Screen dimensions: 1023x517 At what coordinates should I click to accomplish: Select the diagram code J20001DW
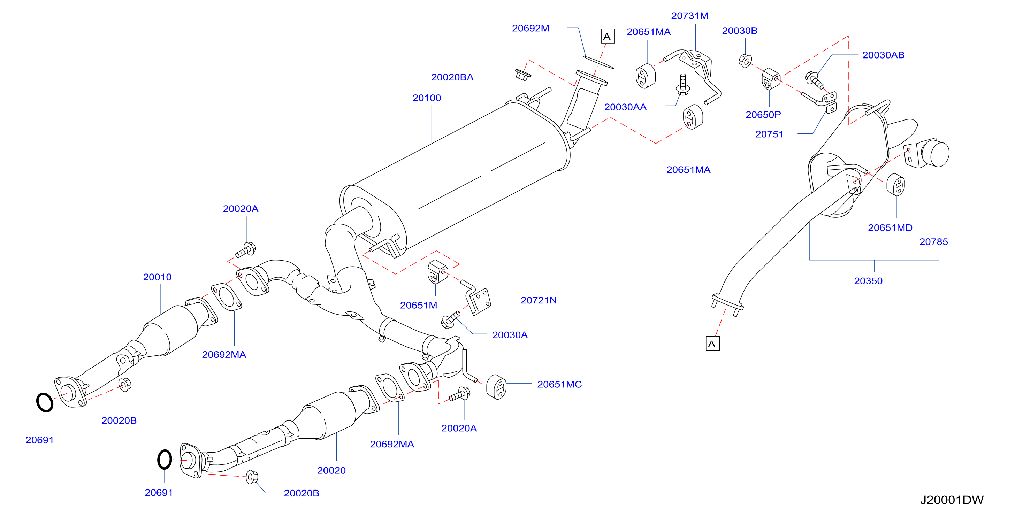point(952,500)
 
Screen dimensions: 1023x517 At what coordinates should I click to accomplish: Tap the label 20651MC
point(559,384)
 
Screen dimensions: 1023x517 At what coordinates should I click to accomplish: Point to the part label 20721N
point(539,300)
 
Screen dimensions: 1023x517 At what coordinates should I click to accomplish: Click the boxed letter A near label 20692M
point(608,36)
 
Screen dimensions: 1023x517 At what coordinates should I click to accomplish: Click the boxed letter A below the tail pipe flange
point(712,344)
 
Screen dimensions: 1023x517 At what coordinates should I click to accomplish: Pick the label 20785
point(933,241)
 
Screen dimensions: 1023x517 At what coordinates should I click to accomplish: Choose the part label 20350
point(868,281)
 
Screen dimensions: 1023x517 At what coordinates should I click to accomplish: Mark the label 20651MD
point(890,227)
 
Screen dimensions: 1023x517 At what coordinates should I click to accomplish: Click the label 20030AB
point(883,55)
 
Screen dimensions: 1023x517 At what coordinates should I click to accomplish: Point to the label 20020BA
point(452,77)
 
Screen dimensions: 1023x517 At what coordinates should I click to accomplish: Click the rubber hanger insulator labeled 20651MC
point(496,386)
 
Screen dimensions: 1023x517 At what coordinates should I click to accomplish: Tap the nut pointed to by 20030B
point(746,61)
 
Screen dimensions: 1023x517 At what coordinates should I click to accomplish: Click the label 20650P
point(763,115)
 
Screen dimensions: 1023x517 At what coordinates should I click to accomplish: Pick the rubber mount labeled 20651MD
point(895,185)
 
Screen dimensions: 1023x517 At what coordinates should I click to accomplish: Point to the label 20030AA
point(625,107)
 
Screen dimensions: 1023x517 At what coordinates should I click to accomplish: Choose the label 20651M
point(418,305)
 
